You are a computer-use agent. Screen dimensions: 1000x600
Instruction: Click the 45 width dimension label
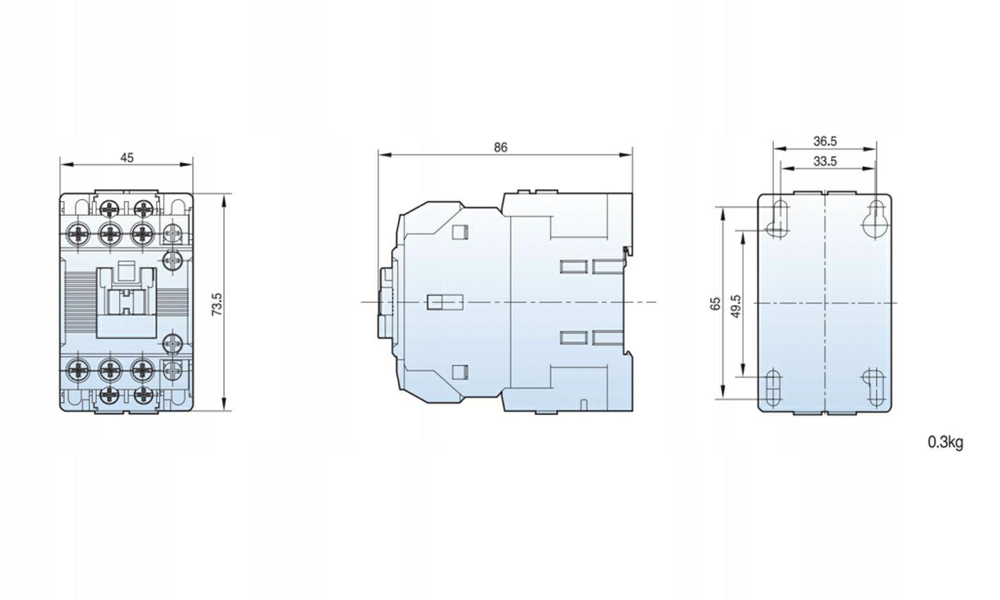[127, 157]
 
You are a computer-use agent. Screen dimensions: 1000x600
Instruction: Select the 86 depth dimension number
[501, 148]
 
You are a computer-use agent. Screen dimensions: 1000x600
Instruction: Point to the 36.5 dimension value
[824, 141]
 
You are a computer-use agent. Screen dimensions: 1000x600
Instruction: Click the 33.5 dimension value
[824, 161]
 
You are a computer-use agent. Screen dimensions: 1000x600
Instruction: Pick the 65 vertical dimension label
[716, 304]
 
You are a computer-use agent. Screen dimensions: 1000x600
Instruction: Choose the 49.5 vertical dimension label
[737, 306]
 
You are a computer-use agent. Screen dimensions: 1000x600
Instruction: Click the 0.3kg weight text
[946, 442]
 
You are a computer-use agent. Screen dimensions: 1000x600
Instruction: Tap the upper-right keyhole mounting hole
[876, 220]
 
